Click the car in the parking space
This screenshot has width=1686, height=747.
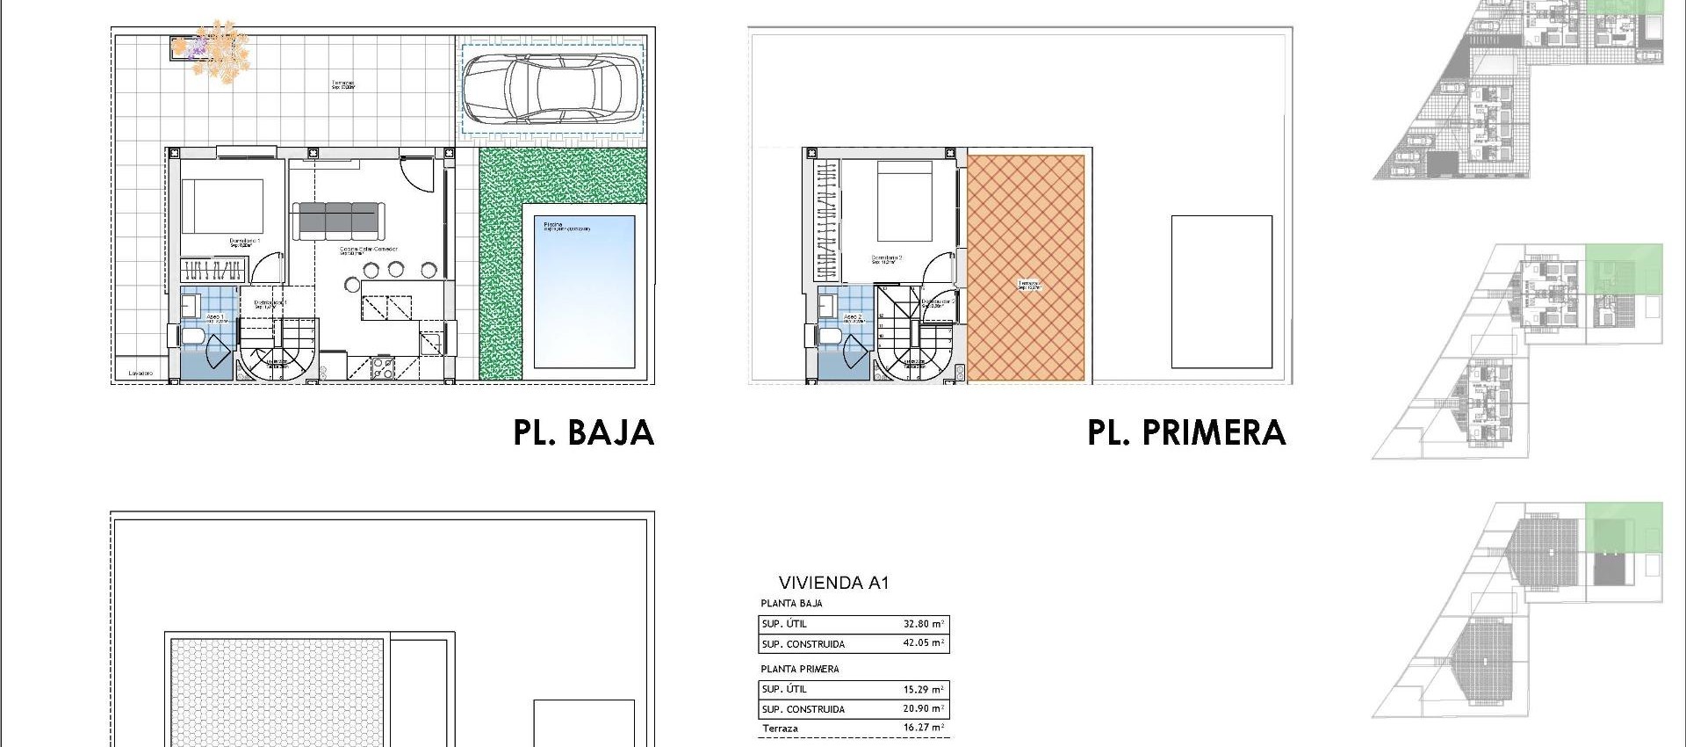pos(551,88)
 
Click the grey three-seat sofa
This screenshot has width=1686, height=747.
pos(338,220)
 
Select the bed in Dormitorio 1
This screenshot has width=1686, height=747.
pos(222,207)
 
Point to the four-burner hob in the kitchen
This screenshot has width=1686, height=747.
pos(383,368)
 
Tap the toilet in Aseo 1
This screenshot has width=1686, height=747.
pos(192,337)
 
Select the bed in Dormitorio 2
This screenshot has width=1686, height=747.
pos(904,202)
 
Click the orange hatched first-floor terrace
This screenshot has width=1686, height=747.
pos(1025,268)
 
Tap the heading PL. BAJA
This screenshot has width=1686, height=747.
pos(583,432)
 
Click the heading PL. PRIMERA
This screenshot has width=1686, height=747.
pos(1185,432)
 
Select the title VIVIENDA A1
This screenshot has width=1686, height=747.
pos(833,583)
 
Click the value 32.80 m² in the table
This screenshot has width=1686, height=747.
pos(923,624)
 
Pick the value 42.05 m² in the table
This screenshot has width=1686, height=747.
pos(923,643)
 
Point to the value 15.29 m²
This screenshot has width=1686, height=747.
pos(923,690)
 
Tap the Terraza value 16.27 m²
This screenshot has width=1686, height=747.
pos(923,728)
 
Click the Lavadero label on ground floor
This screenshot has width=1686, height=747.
pos(140,373)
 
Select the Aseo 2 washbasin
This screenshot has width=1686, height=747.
pos(826,305)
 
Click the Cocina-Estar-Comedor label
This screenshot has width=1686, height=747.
pos(369,250)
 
